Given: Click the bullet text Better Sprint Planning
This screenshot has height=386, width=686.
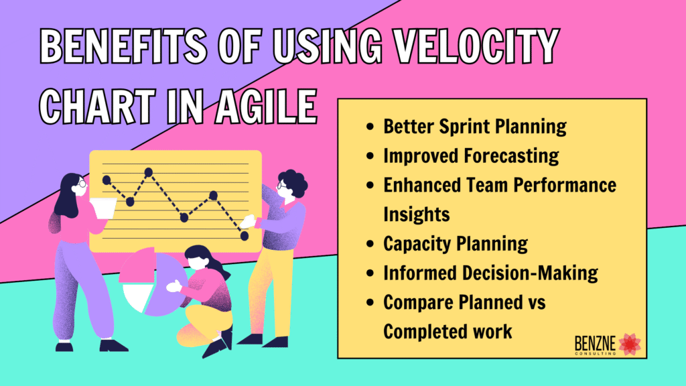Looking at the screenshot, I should (x=474, y=126).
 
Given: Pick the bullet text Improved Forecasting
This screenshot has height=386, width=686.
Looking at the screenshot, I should (x=470, y=155).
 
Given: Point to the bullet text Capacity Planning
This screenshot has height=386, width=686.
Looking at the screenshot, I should (x=455, y=243).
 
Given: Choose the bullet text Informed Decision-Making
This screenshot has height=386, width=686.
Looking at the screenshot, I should (x=490, y=273).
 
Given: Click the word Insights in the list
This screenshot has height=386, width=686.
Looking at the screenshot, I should (x=416, y=214).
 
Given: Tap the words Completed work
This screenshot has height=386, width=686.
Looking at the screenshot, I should (x=448, y=331).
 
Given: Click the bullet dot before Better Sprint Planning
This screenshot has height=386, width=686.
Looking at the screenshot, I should (x=370, y=127).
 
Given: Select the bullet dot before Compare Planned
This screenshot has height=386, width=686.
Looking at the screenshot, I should (x=370, y=302).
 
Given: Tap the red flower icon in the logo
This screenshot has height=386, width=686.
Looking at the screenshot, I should (x=629, y=343).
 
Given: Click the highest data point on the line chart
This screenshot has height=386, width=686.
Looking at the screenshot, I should (x=149, y=172).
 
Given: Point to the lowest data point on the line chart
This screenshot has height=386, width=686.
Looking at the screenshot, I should (x=245, y=236).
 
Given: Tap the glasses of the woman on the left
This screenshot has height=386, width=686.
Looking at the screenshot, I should (x=82, y=182).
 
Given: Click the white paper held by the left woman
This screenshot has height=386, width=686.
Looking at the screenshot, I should (x=102, y=208).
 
